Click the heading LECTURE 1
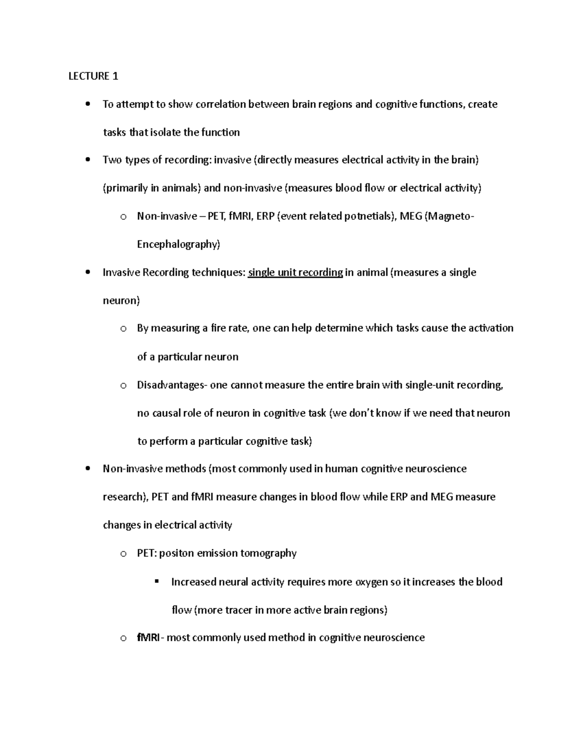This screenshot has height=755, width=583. click(x=93, y=76)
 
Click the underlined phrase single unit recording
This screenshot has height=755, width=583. click(x=295, y=272)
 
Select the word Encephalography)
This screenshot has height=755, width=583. click(x=178, y=244)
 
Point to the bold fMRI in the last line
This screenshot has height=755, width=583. click(x=148, y=637)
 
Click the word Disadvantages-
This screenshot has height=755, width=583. click(x=172, y=385)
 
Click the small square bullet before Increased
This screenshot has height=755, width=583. click(x=156, y=581)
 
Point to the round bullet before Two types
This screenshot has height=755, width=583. click(x=87, y=160)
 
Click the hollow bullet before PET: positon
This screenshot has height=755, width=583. click(x=123, y=554)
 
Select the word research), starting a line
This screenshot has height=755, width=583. click(x=125, y=497)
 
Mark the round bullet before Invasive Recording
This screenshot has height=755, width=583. click(x=87, y=272)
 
